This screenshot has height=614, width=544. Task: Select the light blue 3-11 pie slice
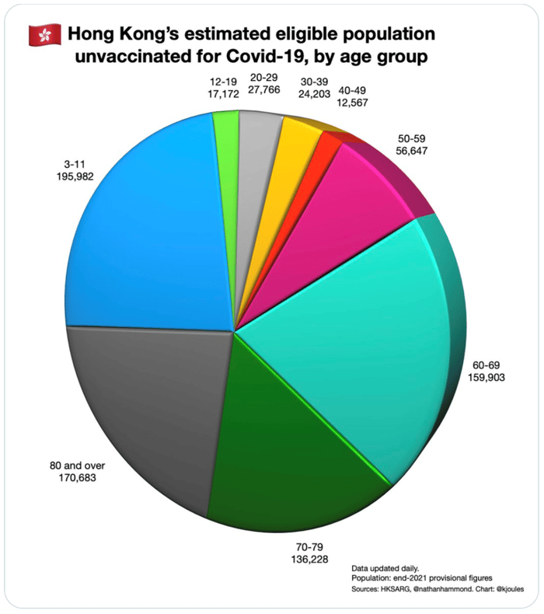coord(148,225)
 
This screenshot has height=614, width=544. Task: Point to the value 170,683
coord(78,478)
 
